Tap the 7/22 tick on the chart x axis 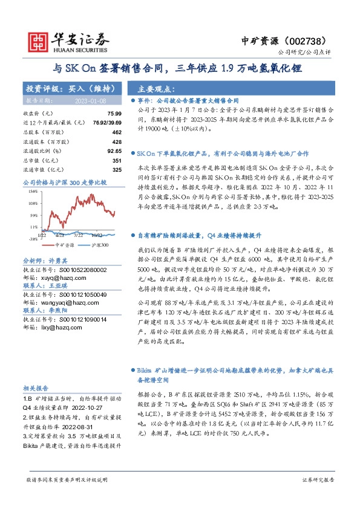click(78, 236)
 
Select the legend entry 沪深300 click(100, 245)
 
